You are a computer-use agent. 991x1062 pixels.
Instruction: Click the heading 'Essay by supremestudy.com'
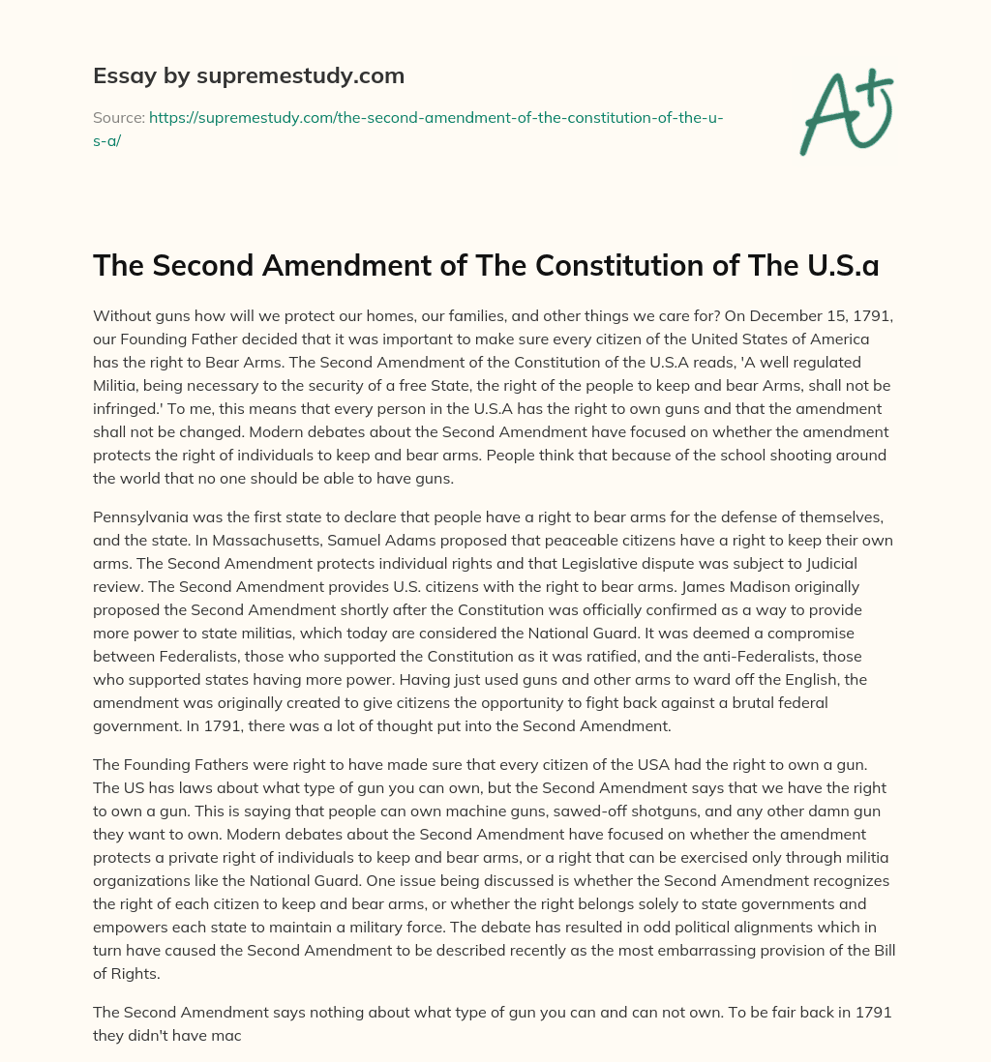click(248, 74)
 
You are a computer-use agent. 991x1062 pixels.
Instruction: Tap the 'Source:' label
click(117, 117)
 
